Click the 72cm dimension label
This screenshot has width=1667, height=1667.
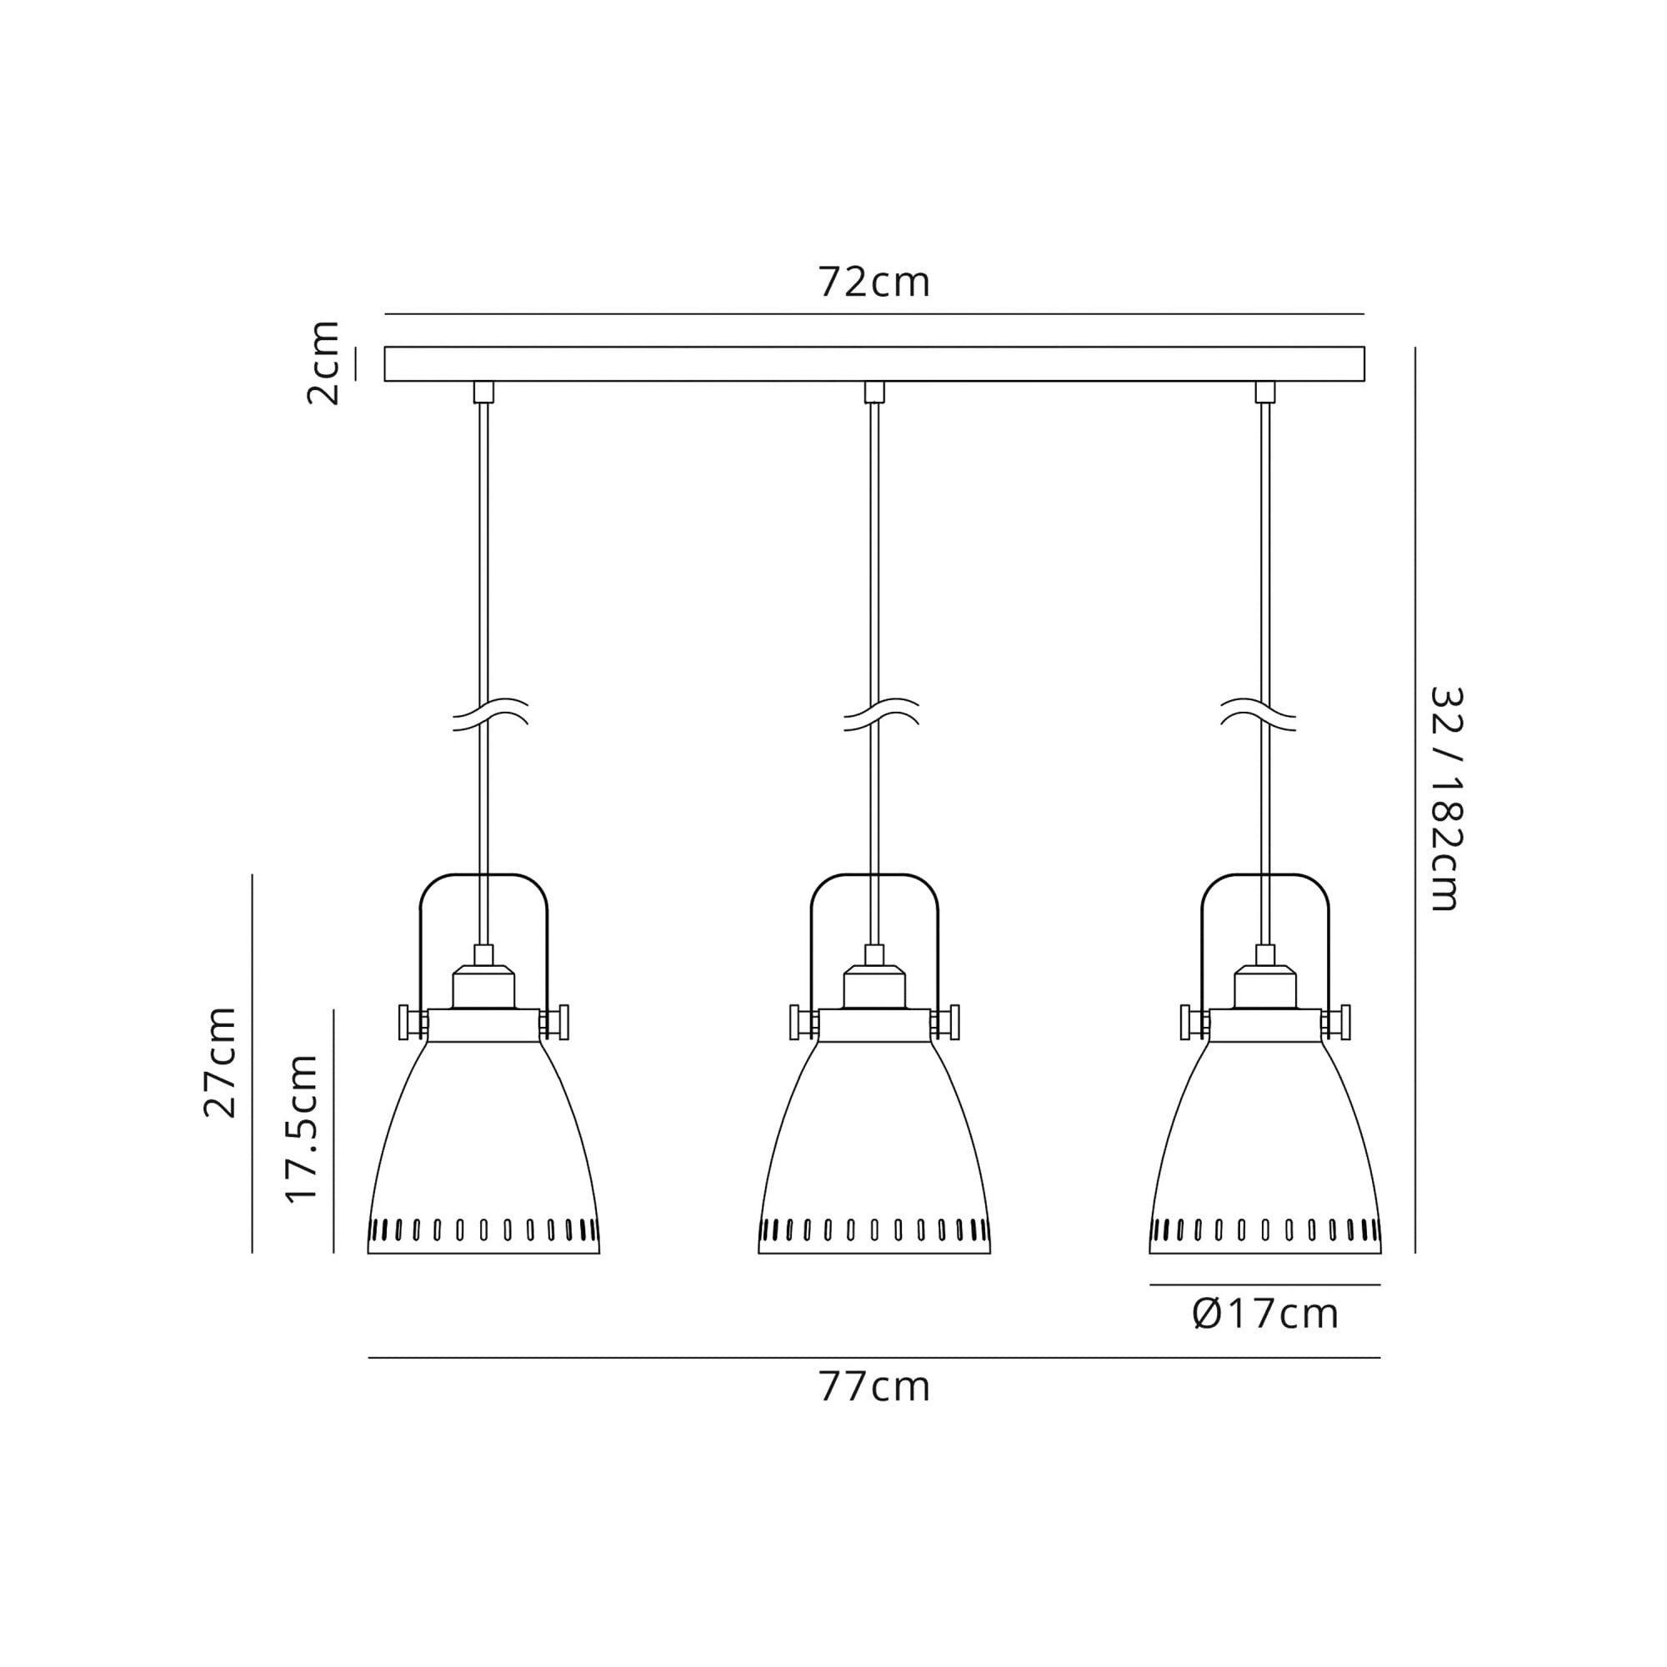874,283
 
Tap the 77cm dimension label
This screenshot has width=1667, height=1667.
874,1388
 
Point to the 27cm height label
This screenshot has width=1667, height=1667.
220,1062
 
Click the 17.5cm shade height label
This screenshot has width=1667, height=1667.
302,1129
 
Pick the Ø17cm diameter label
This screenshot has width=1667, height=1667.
1265,1314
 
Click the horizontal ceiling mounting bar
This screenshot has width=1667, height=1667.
874,363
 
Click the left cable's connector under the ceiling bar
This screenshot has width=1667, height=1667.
484,392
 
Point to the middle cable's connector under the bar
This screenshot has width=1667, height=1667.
874,392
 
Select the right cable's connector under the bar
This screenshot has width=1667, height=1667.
1265,392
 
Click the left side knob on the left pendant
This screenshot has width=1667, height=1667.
403,1022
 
